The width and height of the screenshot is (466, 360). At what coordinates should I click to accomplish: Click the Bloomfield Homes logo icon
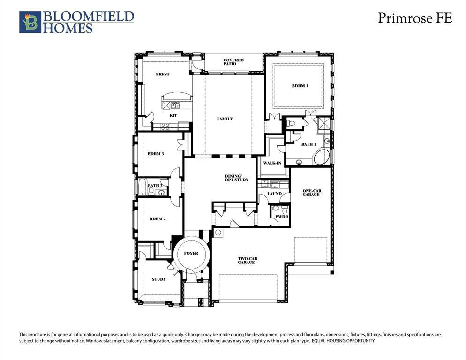point(30,22)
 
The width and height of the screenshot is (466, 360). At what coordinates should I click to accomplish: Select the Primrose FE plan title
point(415,18)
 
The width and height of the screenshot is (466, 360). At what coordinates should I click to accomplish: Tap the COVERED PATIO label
point(233,62)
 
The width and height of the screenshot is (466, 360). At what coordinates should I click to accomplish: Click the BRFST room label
point(163,75)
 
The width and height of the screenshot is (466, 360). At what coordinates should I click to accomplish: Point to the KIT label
point(173,115)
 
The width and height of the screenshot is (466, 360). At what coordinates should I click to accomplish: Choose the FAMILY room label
point(225,119)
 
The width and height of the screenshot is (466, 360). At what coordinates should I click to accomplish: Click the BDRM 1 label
point(300,86)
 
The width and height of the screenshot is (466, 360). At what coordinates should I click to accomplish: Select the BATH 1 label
point(308,144)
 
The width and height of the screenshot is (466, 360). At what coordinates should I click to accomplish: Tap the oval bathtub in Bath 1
point(322,157)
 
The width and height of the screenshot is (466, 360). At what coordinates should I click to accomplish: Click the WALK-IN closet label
point(272,163)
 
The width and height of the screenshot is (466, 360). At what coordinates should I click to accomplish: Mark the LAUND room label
point(274,194)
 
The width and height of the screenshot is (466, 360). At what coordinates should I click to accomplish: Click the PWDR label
point(282,217)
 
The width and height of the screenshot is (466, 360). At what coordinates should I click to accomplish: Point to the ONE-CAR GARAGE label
point(311,193)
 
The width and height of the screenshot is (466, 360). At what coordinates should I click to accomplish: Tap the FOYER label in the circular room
point(191,254)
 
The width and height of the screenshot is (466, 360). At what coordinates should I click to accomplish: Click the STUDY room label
point(158,279)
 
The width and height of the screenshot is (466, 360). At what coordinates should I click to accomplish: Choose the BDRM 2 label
point(158,219)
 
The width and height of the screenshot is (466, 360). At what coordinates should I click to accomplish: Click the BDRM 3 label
point(155,154)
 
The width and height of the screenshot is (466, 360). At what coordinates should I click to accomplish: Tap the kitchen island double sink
point(175,105)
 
